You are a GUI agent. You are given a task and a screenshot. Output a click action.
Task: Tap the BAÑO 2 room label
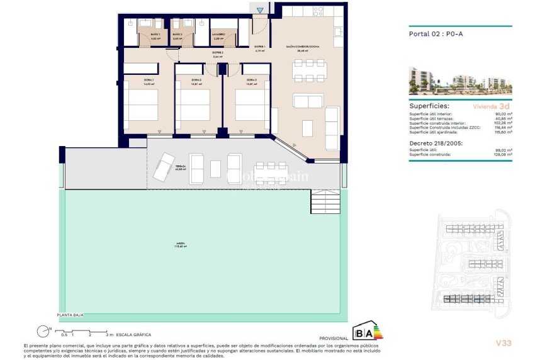click(177, 36)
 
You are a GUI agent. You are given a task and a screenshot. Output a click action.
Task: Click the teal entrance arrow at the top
click(261, 9)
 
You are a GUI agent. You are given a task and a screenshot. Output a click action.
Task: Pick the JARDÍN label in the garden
click(181, 245)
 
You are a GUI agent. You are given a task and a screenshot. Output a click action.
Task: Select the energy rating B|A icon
click(368, 331)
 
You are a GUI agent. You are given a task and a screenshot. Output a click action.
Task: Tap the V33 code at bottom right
click(502, 342)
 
